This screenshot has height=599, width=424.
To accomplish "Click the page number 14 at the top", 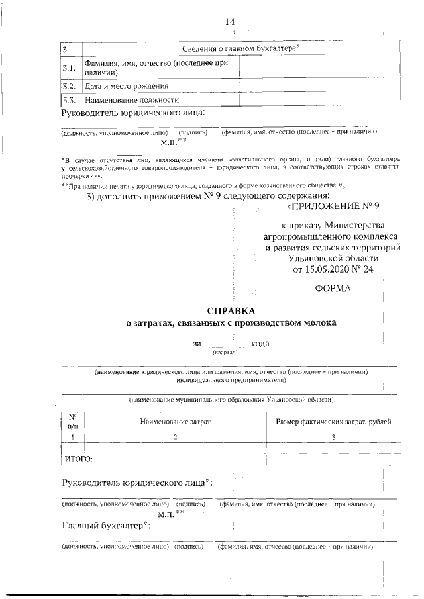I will (230, 23).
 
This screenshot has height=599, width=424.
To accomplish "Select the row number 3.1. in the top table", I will (69, 68).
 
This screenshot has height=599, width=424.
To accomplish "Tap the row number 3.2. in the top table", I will (68, 86).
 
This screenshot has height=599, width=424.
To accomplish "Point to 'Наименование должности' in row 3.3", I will (132, 100).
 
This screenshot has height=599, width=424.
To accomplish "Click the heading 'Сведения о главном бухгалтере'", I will (241, 49).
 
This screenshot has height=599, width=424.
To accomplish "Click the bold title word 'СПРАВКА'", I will (230, 310).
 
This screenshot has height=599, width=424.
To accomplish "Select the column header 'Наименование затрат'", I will (175, 422).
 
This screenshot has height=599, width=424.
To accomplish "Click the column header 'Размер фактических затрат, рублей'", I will (332, 422).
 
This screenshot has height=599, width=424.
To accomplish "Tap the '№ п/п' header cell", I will (72, 422).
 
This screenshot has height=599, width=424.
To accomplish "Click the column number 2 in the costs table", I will (175, 438).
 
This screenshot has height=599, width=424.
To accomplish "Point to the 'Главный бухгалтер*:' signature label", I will (106, 526).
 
